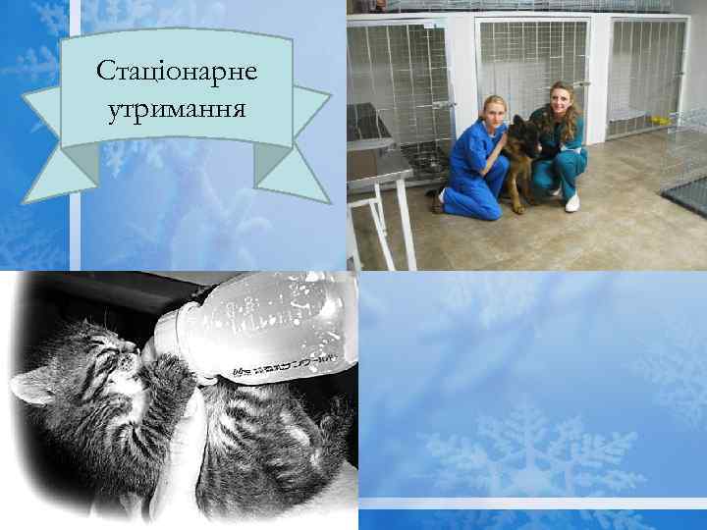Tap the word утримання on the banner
pos(177,104)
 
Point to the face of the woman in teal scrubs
pos(561,101)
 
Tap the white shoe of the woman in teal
pos(571,201)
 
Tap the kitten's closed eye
pos(106,355)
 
